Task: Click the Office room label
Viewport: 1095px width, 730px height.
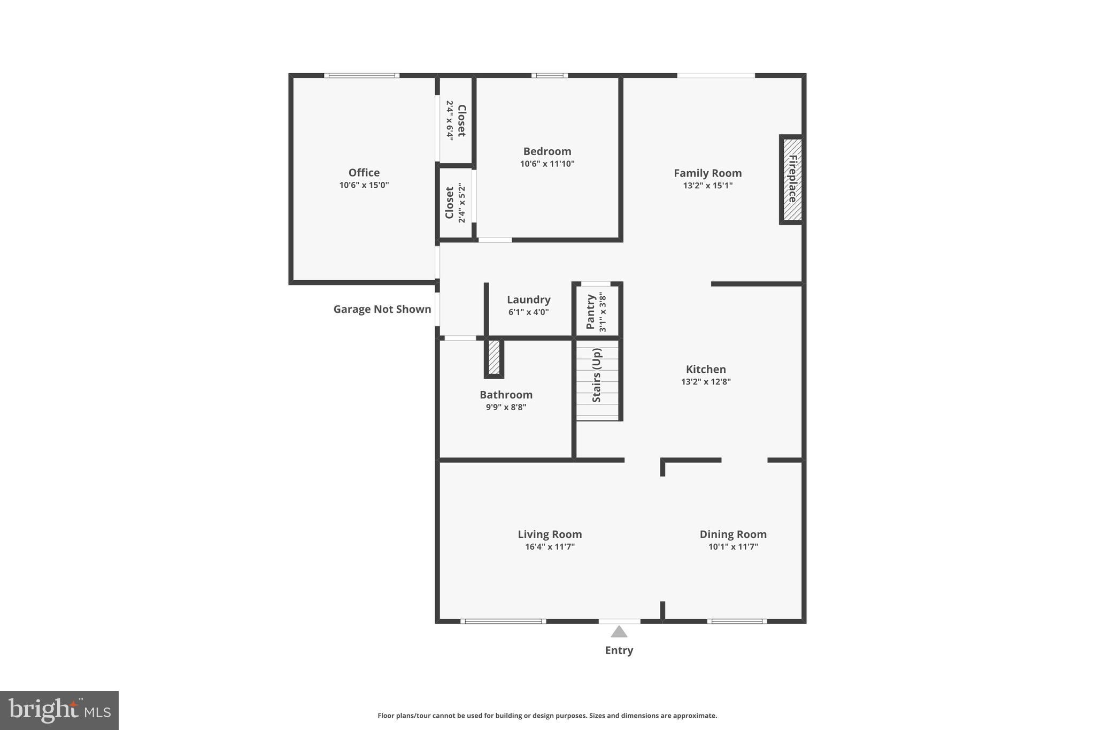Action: coord(364,173)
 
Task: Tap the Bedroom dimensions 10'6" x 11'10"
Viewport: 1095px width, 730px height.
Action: coord(547,164)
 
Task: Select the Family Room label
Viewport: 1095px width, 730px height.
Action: coord(707,173)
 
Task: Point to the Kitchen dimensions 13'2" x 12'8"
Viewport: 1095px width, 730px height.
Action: coord(705,382)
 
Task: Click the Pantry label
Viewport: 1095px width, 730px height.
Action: coord(590,312)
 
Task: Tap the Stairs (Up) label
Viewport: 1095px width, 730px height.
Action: coord(597,375)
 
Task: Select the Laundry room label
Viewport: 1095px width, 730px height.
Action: coord(528,300)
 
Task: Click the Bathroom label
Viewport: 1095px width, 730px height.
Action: coord(506,395)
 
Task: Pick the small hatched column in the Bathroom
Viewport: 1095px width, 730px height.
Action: coord(494,357)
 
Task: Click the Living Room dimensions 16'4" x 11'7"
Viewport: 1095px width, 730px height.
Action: coord(549,547)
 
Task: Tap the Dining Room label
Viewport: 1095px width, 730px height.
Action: coord(732,534)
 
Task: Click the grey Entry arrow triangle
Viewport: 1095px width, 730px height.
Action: coord(619,632)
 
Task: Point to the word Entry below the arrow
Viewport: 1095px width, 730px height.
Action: coord(619,650)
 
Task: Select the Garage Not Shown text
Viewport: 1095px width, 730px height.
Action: coord(382,309)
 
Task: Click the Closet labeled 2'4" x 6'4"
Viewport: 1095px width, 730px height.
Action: coord(456,121)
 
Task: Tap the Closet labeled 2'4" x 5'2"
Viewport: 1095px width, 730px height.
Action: coord(455,203)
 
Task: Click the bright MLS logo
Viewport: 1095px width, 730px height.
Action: coord(59,710)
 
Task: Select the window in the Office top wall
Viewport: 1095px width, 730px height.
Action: coord(361,75)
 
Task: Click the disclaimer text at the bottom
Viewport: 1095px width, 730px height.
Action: coord(547,716)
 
